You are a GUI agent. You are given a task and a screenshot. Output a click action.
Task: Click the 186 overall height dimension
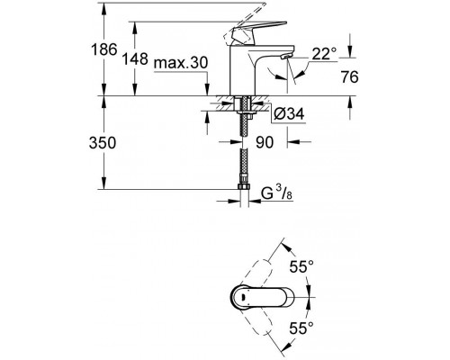coord(105,50)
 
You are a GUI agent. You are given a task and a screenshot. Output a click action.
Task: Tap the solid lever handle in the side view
coord(241,38)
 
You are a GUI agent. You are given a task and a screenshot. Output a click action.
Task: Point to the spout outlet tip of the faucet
coord(286,59)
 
